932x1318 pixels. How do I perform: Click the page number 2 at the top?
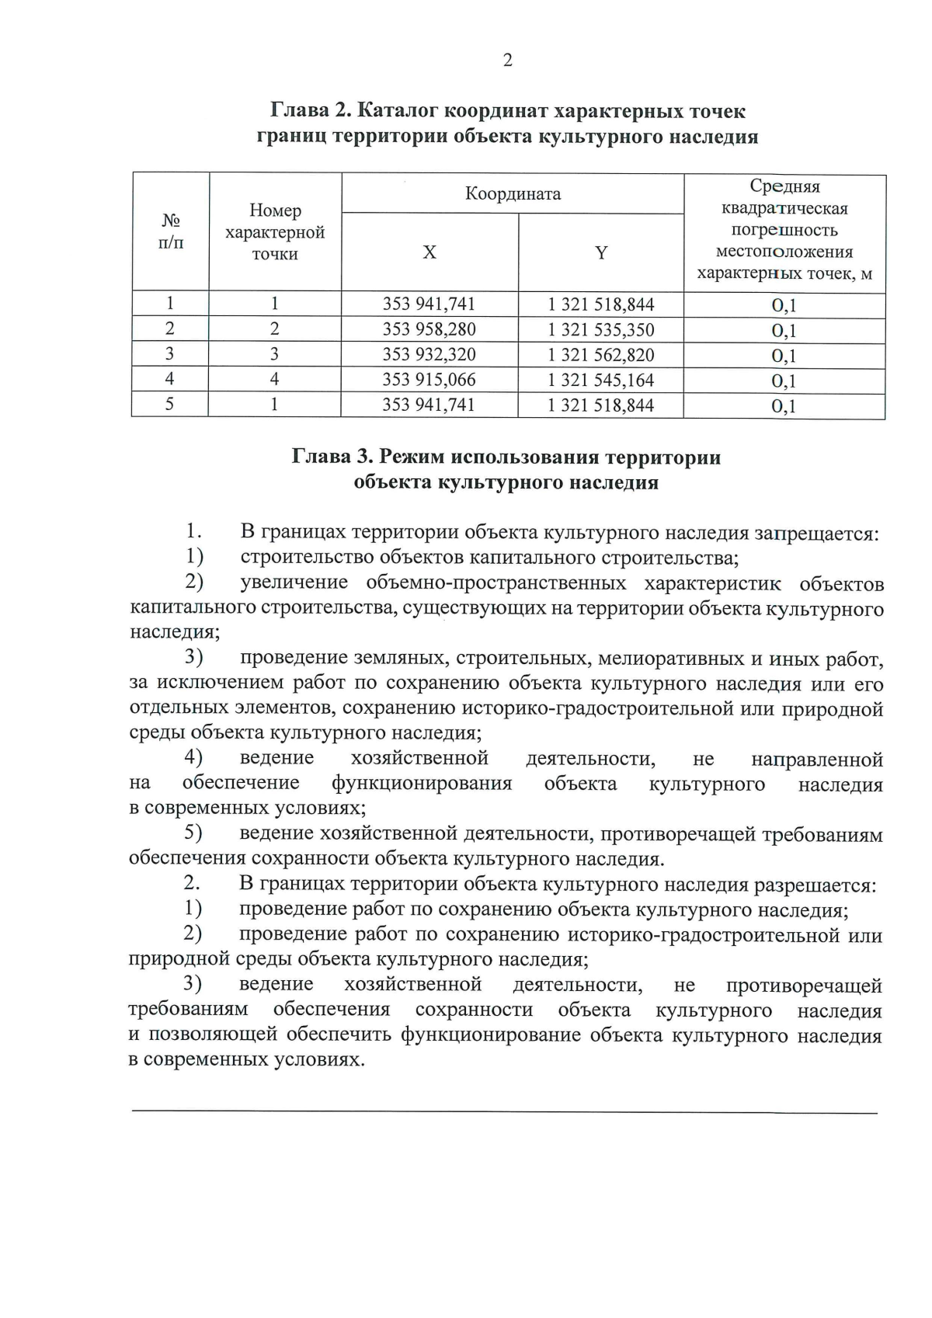(507, 61)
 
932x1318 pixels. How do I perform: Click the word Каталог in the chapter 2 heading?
(401, 111)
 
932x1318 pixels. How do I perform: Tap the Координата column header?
(513, 193)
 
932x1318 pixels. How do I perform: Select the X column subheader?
(429, 252)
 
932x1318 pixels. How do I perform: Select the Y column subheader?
(601, 252)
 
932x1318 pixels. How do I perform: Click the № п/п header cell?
(171, 231)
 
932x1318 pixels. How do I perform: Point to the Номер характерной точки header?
(275, 232)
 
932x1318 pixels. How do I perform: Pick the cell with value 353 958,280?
(429, 329)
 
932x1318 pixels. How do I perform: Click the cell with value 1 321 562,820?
(601, 355)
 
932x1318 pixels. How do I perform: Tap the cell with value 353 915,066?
(429, 380)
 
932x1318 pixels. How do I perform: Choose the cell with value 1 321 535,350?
(601, 330)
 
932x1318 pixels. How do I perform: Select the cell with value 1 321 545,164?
(601, 381)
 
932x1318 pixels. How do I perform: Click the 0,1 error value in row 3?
(784, 356)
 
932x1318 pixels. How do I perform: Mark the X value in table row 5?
(429, 405)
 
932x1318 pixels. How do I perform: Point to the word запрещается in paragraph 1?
(816, 534)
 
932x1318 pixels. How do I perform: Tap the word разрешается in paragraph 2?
(815, 885)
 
